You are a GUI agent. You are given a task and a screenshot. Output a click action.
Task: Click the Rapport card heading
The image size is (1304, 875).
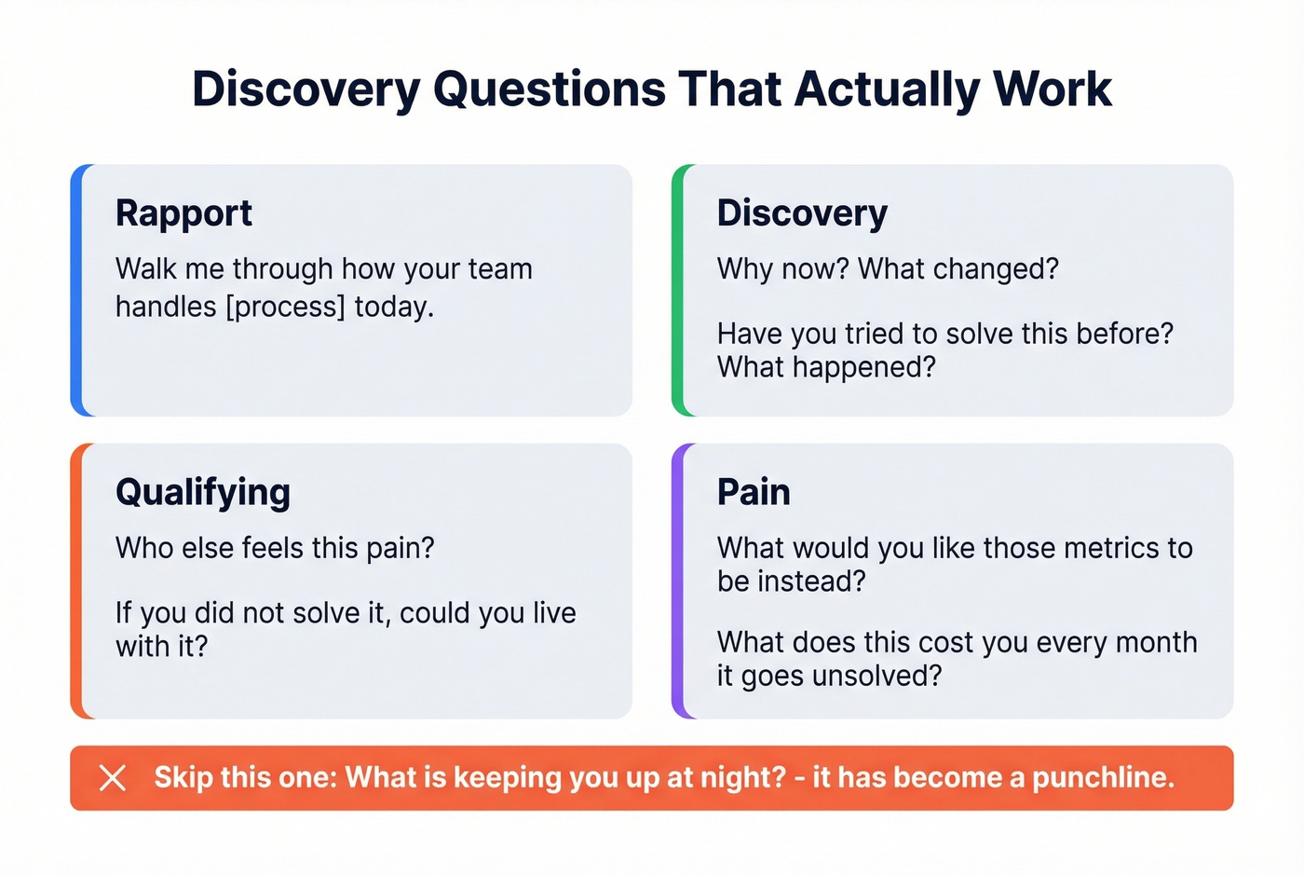tap(183, 213)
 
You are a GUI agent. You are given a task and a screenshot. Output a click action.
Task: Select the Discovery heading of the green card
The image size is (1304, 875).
tap(802, 213)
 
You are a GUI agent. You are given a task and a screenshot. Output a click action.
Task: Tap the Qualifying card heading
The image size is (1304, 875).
tap(203, 492)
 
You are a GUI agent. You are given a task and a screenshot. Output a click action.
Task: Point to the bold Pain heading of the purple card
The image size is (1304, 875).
tap(754, 492)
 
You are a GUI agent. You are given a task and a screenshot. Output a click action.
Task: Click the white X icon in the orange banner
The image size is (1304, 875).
tap(113, 778)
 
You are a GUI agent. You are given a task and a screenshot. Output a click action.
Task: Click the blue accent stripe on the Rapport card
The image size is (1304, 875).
tap(76, 290)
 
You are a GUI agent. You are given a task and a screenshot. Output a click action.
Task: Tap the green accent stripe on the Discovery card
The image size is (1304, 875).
tap(678, 290)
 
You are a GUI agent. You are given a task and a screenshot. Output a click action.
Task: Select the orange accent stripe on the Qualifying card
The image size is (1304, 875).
tap(76, 581)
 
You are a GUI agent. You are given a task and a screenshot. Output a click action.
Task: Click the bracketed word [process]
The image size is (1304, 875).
tap(285, 307)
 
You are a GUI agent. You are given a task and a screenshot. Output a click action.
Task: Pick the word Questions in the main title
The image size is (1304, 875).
tap(549, 89)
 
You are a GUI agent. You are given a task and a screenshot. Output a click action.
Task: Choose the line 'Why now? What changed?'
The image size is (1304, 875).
tap(888, 269)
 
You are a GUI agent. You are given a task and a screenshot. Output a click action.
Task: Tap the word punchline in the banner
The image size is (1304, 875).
tap(1103, 778)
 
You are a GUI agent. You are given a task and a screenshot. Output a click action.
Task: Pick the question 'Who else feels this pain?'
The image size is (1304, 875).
tap(275, 548)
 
